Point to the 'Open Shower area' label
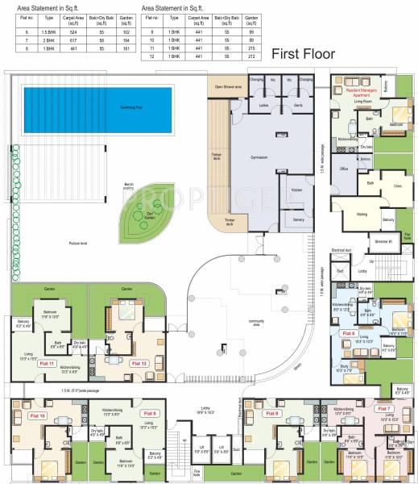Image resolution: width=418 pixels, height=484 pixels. click(229, 86)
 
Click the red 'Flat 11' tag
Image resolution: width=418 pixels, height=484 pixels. click(47, 364)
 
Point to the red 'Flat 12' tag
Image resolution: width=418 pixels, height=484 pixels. click(139, 364)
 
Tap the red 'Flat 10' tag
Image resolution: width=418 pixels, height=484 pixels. click(37, 415)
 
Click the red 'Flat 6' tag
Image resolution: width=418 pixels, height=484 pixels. click(348, 332)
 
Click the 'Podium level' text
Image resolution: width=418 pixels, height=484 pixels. click(77, 243)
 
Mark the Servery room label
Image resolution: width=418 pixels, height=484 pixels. click(298, 219)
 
